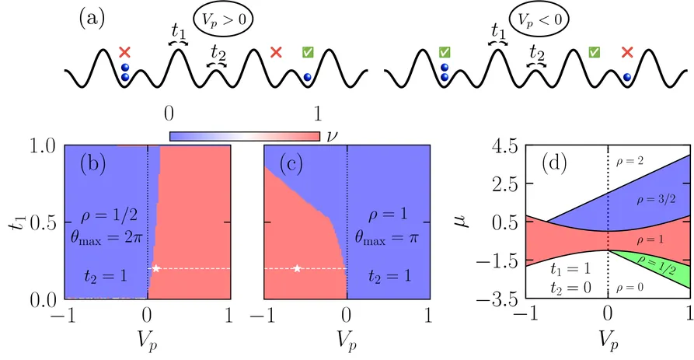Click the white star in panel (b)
156,268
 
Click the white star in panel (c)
298,268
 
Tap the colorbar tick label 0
169,114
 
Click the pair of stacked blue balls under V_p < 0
444,74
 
